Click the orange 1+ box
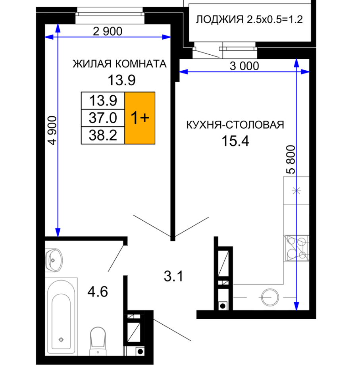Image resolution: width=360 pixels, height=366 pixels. (x=140, y=118)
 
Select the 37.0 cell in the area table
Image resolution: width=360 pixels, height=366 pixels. (x=103, y=118)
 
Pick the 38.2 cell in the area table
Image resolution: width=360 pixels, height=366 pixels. (x=103, y=135)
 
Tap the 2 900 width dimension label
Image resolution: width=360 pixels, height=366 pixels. (x=108, y=31)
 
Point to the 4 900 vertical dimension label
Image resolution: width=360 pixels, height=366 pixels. (x=52, y=131)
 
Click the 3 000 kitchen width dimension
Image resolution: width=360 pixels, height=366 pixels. (x=244, y=66)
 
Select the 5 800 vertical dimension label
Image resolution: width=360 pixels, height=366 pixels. (x=291, y=160)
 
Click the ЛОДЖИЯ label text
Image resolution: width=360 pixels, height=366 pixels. (x=219, y=19)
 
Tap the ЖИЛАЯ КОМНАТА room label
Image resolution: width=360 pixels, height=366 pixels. (x=119, y=64)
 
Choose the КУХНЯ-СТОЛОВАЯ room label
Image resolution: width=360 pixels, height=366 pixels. (x=235, y=125)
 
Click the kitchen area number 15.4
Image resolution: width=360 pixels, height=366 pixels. (x=235, y=141)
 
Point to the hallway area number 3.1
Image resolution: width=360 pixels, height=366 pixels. (x=173, y=276)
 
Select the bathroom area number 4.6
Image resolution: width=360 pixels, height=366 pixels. (x=98, y=292)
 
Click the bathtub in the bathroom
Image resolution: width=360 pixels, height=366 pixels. (x=61, y=317)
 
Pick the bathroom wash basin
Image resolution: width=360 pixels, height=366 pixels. (x=54, y=260)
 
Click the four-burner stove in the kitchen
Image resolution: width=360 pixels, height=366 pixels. (x=296, y=248)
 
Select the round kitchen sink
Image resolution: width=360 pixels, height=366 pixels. (x=270, y=297)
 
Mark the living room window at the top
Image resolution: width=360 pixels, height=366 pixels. (x=110, y=15)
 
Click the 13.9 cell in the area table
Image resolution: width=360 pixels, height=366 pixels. (x=103, y=100)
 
